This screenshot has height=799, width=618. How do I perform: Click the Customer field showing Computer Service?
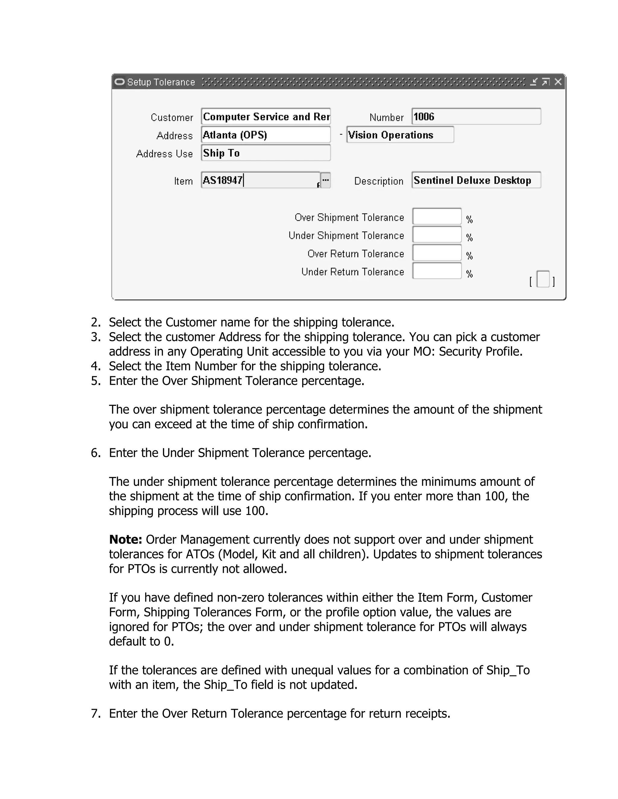pyautogui.click(x=266, y=117)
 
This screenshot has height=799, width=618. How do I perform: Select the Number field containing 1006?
pyautogui.click(x=476, y=117)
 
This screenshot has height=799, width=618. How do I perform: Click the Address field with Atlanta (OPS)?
pyautogui.click(x=266, y=135)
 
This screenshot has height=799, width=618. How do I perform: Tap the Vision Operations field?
pyautogui.click(x=400, y=135)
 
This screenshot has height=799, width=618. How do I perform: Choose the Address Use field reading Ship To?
pyautogui.click(x=266, y=153)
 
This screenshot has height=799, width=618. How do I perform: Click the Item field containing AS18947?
pyautogui.click(x=260, y=180)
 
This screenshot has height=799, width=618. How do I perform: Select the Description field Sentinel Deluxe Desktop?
pyautogui.click(x=476, y=180)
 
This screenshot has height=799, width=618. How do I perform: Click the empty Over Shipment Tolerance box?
pyautogui.click(x=437, y=216)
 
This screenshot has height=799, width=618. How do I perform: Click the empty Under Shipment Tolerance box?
pyautogui.click(x=437, y=235)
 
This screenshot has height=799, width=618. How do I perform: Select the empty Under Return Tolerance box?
pyautogui.click(x=437, y=271)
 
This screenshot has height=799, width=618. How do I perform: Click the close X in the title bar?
pyautogui.click(x=558, y=82)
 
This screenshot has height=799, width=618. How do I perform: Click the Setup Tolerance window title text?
pyautogui.click(x=161, y=82)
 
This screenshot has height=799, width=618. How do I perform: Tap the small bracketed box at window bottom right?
pyautogui.click(x=543, y=279)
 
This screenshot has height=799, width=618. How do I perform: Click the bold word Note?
pyautogui.click(x=126, y=540)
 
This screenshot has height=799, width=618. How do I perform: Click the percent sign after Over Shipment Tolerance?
pyautogui.click(x=469, y=219)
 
